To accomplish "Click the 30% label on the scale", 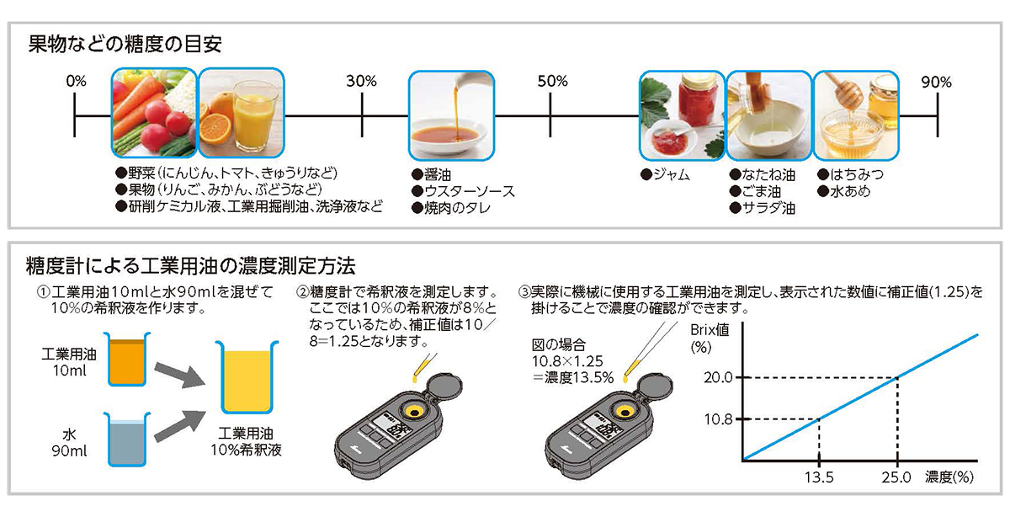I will pos(361,82).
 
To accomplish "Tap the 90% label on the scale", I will pos(936,82).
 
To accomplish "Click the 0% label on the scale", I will pos(76,82).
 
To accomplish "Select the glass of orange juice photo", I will pos(240,115).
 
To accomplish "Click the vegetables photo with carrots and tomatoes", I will pos(154,115).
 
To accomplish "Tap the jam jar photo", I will pos(681,115).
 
